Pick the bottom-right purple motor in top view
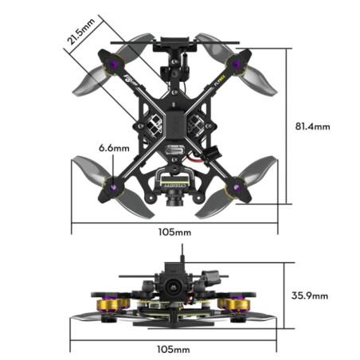pyautogui.click(x=235, y=186)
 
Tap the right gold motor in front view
pyautogui.click(x=235, y=304)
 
